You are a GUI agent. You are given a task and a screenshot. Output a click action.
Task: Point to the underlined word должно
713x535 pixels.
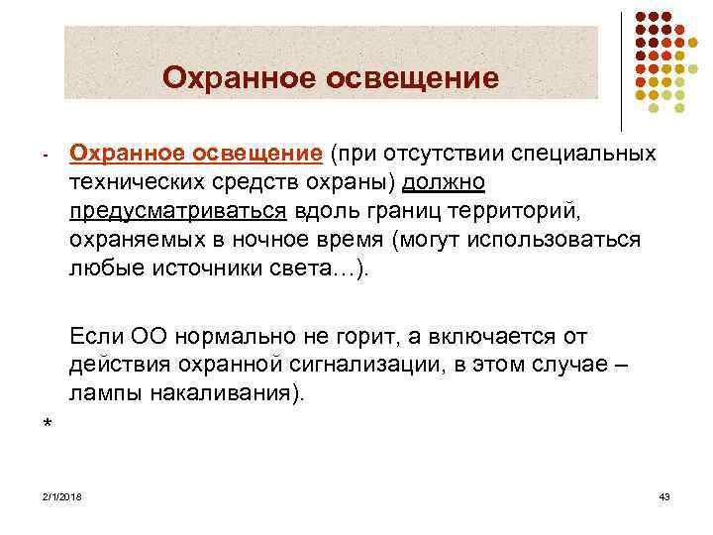coord(443,183)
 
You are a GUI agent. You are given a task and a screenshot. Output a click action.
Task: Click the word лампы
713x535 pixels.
coord(106,394)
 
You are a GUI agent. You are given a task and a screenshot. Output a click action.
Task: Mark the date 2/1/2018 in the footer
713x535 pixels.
coord(62,495)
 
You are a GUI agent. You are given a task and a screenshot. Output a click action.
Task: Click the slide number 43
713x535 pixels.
coord(663,495)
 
